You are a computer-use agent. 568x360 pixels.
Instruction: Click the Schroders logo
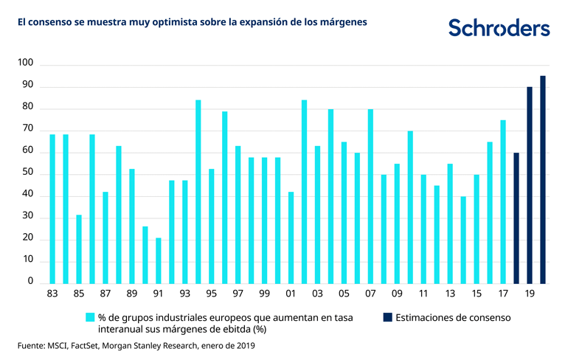tap(499, 28)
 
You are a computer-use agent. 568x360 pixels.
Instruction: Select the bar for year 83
tap(52, 209)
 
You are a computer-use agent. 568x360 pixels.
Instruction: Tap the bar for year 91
tap(159, 260)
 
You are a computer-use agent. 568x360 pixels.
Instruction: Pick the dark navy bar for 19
tap(530, 185)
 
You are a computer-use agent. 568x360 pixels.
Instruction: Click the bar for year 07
tap(371, 196)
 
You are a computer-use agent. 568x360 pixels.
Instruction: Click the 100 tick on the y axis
tap(27, 65)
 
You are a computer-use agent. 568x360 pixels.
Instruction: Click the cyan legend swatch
tap(91, 317)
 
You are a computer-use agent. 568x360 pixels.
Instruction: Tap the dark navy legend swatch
tap(387, 317)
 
